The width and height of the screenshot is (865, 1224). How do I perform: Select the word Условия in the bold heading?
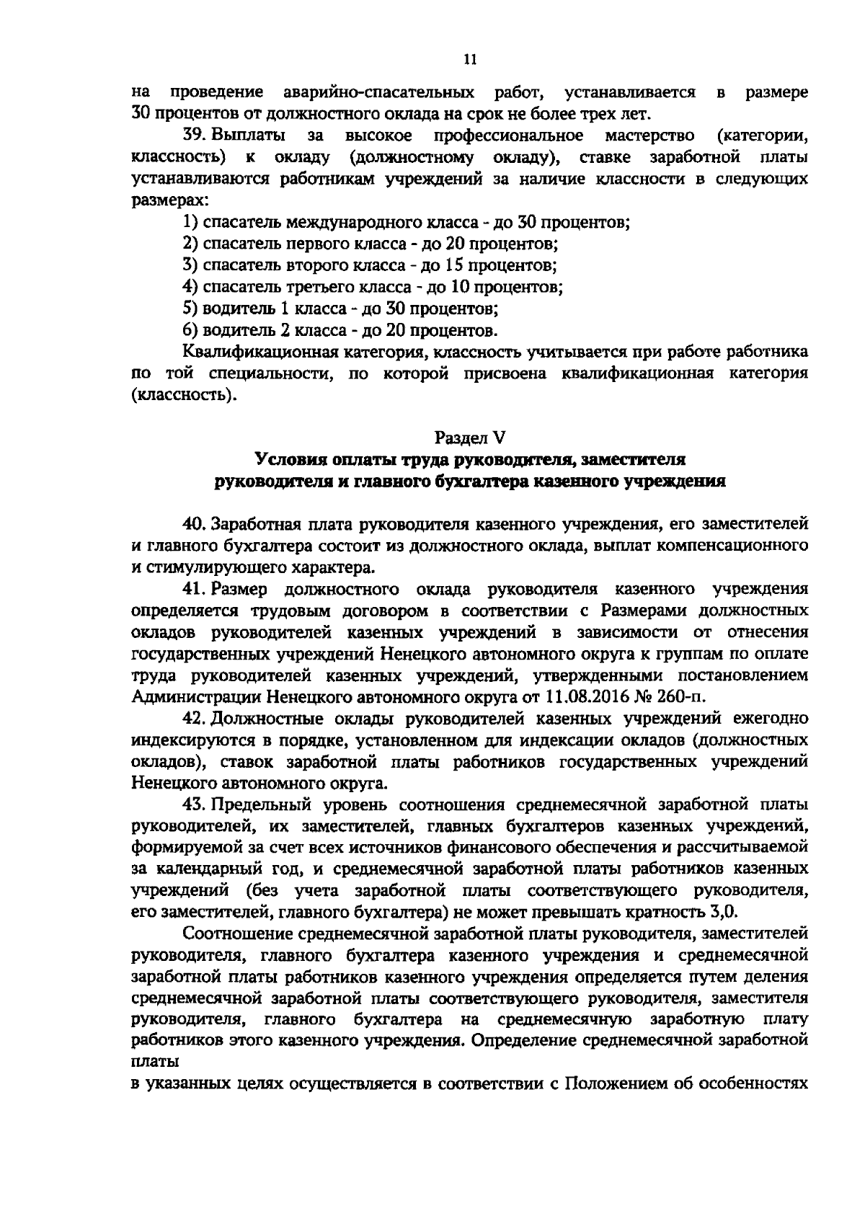(285, 459)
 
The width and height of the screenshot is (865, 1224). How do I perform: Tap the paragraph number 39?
(197, 136)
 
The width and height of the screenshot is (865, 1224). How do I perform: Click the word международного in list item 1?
(347, 222)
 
